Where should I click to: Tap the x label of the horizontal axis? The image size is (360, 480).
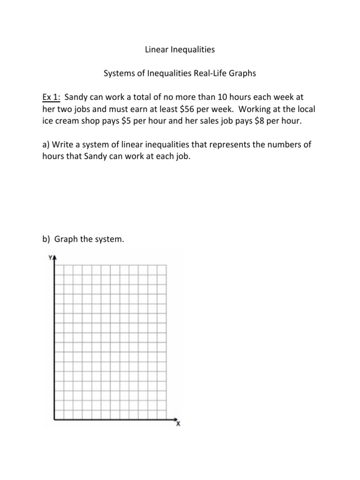pos(178,424)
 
